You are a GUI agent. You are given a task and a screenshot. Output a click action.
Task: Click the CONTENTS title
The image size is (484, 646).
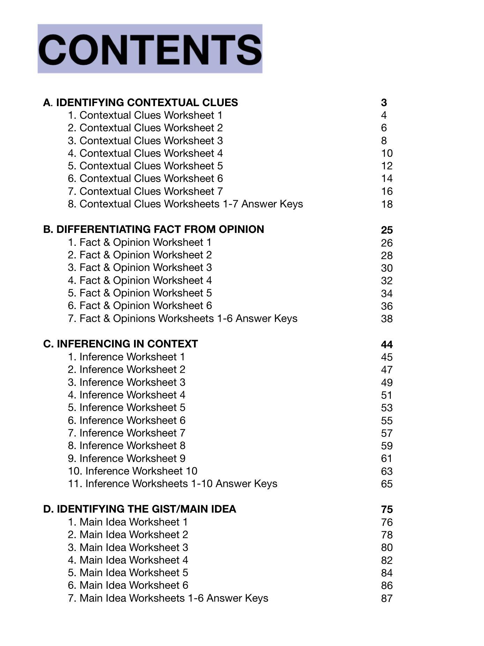click(150, 49)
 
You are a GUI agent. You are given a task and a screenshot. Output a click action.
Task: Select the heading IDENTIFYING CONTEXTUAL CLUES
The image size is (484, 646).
click(140, 103)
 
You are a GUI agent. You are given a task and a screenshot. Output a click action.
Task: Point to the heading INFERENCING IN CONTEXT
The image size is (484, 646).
click(120, 344)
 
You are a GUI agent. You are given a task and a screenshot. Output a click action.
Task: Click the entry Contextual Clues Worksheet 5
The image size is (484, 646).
click(145, 166)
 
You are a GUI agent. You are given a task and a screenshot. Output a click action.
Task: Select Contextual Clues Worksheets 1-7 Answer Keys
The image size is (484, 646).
click(185, 204)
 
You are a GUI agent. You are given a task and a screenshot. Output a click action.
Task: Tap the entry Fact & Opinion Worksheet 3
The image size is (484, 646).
click(140, 267)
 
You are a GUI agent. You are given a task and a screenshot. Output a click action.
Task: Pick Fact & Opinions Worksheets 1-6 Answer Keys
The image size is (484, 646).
click(183, 318)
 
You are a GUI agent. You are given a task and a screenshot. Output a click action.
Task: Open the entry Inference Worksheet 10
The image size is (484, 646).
click(133, 471)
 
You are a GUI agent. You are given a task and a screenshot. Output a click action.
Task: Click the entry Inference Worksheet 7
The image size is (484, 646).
click(127, 433)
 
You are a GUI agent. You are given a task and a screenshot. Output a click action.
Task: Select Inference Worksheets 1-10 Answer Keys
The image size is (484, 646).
click(172, 484)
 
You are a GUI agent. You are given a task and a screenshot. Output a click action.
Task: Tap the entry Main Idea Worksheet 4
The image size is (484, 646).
click(128, 560)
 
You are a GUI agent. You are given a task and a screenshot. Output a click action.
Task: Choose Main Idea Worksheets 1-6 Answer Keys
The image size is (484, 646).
click(168, 598)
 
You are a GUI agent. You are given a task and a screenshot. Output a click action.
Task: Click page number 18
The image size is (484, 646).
click(387, 204)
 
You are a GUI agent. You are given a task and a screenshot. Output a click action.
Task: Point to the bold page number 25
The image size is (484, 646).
click(387, 230)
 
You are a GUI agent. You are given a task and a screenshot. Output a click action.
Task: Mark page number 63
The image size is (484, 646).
click(387, 471)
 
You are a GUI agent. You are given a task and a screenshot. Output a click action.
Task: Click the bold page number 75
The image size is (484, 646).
click(387, 510)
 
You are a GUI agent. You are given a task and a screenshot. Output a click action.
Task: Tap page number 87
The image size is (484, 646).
click(387, 599)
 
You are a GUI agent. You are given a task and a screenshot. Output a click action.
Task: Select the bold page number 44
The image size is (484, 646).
click(387, 345)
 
